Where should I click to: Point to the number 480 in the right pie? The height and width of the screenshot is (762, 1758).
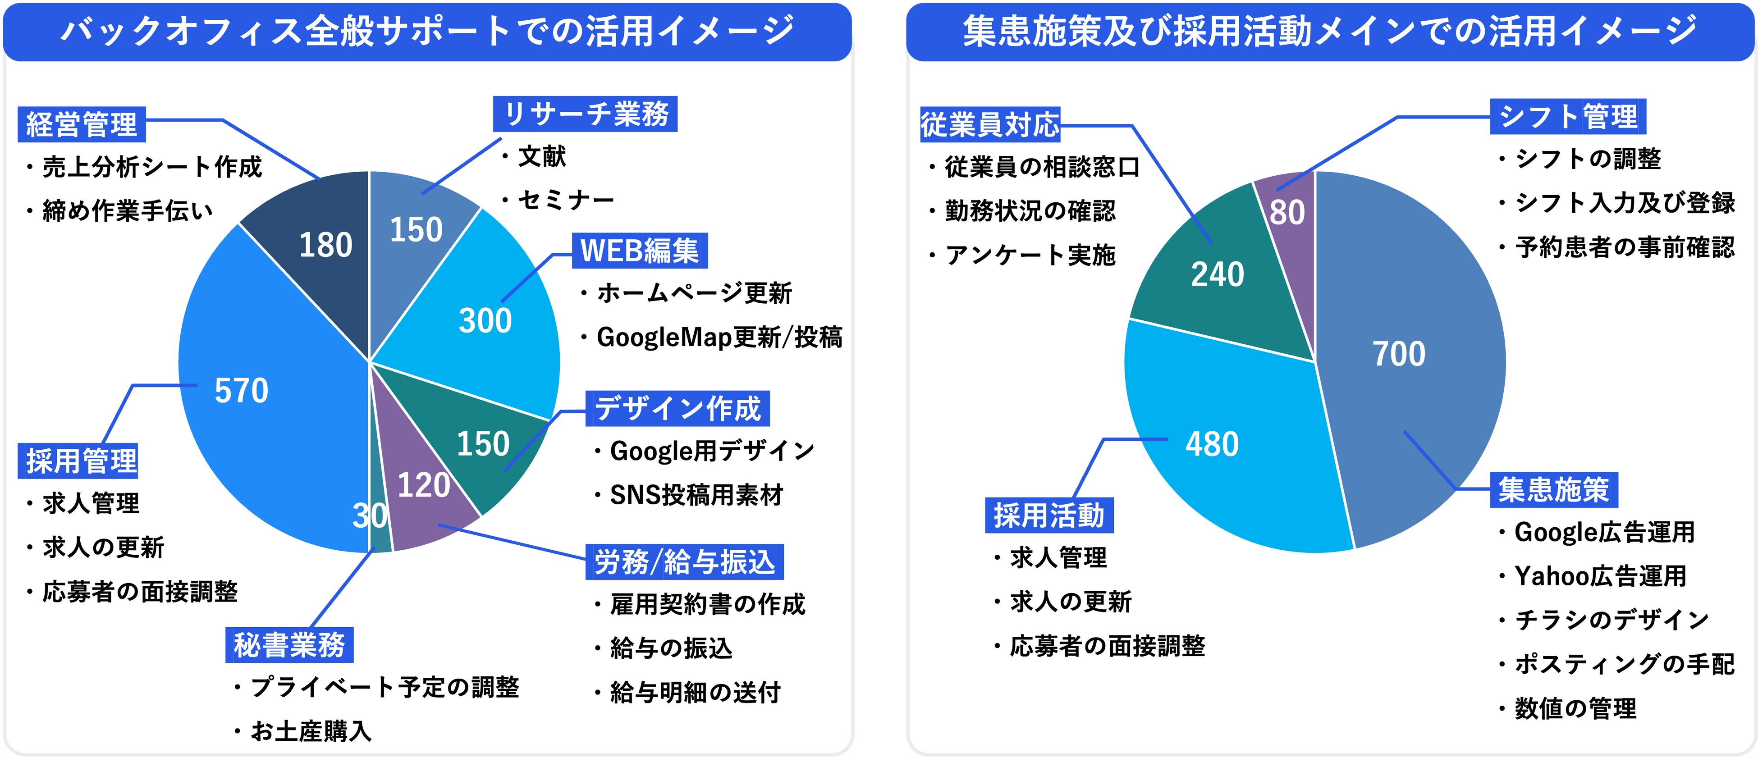(x=1212, y=445)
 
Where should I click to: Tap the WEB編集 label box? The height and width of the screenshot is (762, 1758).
(x=640, y=251)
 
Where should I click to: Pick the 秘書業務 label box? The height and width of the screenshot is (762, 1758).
(x=289, y=645)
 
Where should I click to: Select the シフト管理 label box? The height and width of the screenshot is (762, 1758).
(x=1568, y=117)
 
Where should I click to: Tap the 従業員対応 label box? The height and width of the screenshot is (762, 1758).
(x=989, y=125)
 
